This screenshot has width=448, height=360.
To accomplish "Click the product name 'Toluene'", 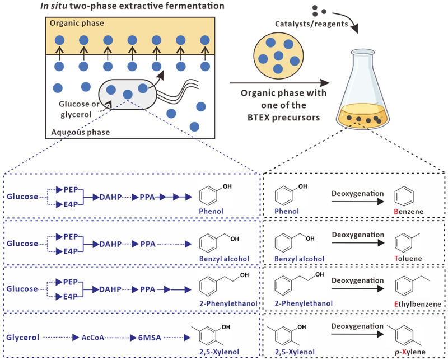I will point(407,259).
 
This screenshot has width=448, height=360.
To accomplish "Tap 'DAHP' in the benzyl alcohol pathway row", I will point(110,243).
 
